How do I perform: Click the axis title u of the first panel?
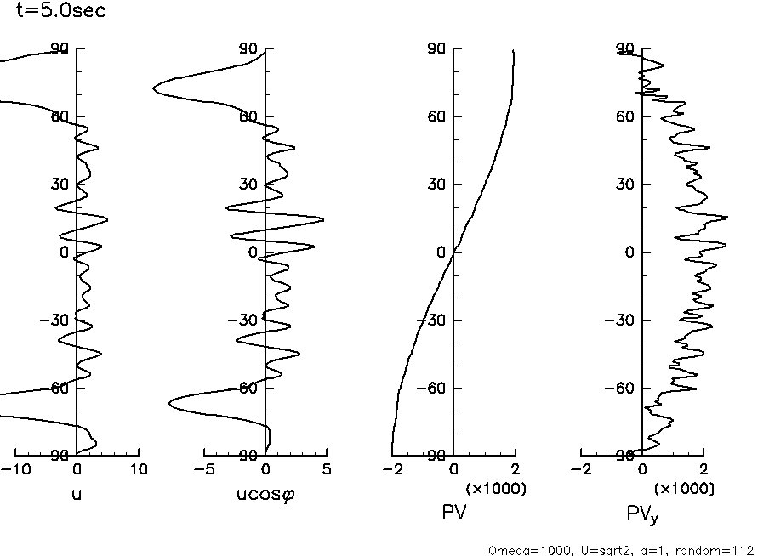77,492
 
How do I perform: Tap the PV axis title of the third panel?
453,513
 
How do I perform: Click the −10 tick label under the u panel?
14,469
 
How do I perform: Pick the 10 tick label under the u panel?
138,469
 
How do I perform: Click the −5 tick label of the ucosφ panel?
204,469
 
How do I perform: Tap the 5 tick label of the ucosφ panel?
327,469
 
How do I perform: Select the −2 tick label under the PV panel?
391,469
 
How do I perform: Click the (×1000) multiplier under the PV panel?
497,489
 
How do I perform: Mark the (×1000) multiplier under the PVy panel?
685,489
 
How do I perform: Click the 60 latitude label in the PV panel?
439,116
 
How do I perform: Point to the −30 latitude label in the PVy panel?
624,321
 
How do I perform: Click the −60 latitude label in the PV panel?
435,389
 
